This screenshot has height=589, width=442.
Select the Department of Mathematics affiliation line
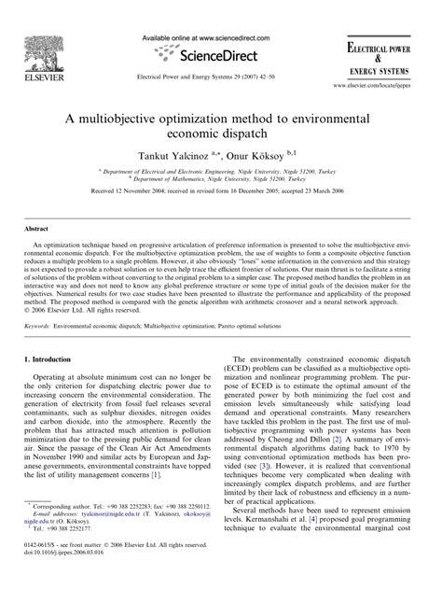(x=221, y=189)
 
